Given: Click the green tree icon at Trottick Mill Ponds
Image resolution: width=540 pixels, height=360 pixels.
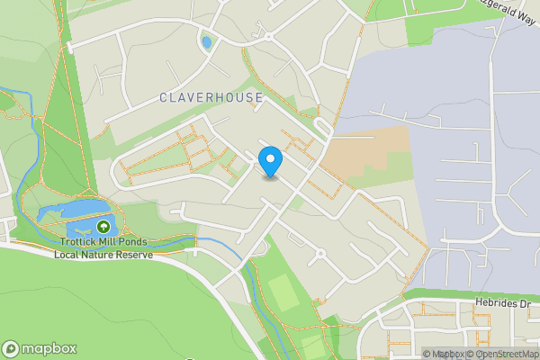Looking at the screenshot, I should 103,228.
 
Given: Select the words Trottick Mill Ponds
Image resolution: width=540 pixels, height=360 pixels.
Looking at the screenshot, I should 103,242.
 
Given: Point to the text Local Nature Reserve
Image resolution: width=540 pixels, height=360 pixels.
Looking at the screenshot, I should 103,255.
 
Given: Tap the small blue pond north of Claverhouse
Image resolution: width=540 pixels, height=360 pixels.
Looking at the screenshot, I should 207,42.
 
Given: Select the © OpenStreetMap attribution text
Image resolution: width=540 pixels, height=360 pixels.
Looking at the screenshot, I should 502,354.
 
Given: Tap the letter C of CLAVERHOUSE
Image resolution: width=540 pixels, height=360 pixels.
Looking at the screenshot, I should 163,97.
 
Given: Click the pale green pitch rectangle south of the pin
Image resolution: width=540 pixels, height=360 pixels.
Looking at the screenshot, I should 282,292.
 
